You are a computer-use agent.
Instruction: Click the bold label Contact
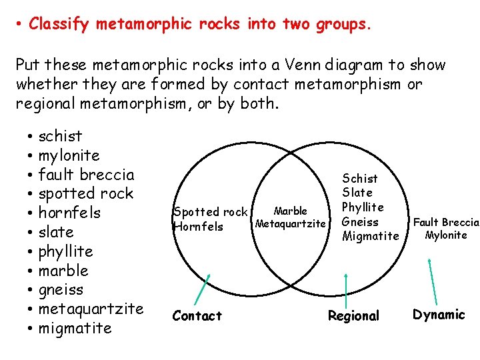pos(197,315)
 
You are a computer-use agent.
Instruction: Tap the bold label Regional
pos(353,315)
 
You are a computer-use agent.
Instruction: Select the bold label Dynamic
pos(439,315)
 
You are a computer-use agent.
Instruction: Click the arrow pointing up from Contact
pos(202,288)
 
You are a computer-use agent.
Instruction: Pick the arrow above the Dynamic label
pos(433,279)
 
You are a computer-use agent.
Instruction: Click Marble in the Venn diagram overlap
pos(291,211)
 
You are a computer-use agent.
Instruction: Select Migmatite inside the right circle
pos(370,236)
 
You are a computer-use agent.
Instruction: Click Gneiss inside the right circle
pos(360,221)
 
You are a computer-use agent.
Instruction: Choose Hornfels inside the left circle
pos(197,227)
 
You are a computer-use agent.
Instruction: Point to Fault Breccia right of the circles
pos(446,222)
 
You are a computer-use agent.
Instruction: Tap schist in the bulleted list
pos(61,136)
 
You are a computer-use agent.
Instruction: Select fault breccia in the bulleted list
pos(86,175)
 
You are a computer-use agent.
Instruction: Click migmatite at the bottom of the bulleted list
pos(75,328)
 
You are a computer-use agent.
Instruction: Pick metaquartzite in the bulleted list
pos(91,309)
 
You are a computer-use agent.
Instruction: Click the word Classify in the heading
pos(60,25)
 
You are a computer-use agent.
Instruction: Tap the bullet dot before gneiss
pos(31,291)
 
